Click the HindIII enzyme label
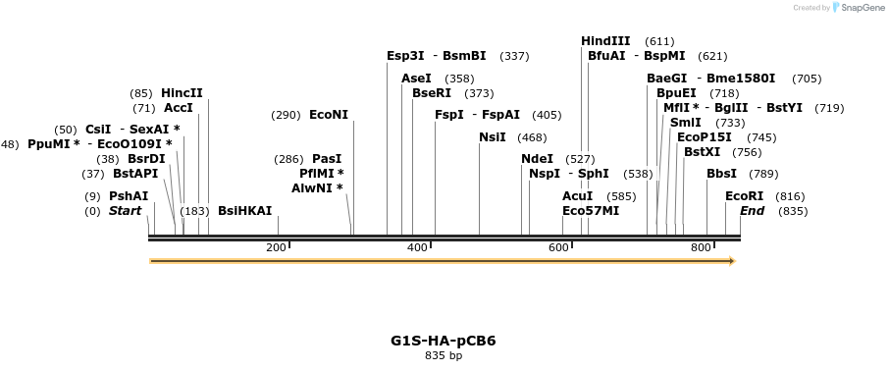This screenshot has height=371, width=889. coord(605,41)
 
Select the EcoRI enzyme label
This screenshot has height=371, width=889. coord(744,196)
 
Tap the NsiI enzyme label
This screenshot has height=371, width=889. coord(493,137)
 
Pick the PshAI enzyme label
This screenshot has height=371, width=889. coord(129,196)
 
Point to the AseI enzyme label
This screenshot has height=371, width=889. coord(416,79)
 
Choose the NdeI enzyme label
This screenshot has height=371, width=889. coord(537,159)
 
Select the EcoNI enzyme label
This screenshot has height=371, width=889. coord(329,115)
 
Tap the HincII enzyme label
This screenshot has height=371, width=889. coord(182,93)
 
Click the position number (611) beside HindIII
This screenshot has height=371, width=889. coord(659,41)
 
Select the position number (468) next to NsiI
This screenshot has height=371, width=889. coord(533,137)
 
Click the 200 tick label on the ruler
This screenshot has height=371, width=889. coord(276,247)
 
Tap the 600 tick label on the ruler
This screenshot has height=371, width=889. coord(559,247)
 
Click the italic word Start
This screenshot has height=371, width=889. coord(125,211)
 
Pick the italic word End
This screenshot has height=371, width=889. coord(752,211)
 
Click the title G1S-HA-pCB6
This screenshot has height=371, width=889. coord(444,342)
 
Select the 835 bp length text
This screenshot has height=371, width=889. coord(444,356)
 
